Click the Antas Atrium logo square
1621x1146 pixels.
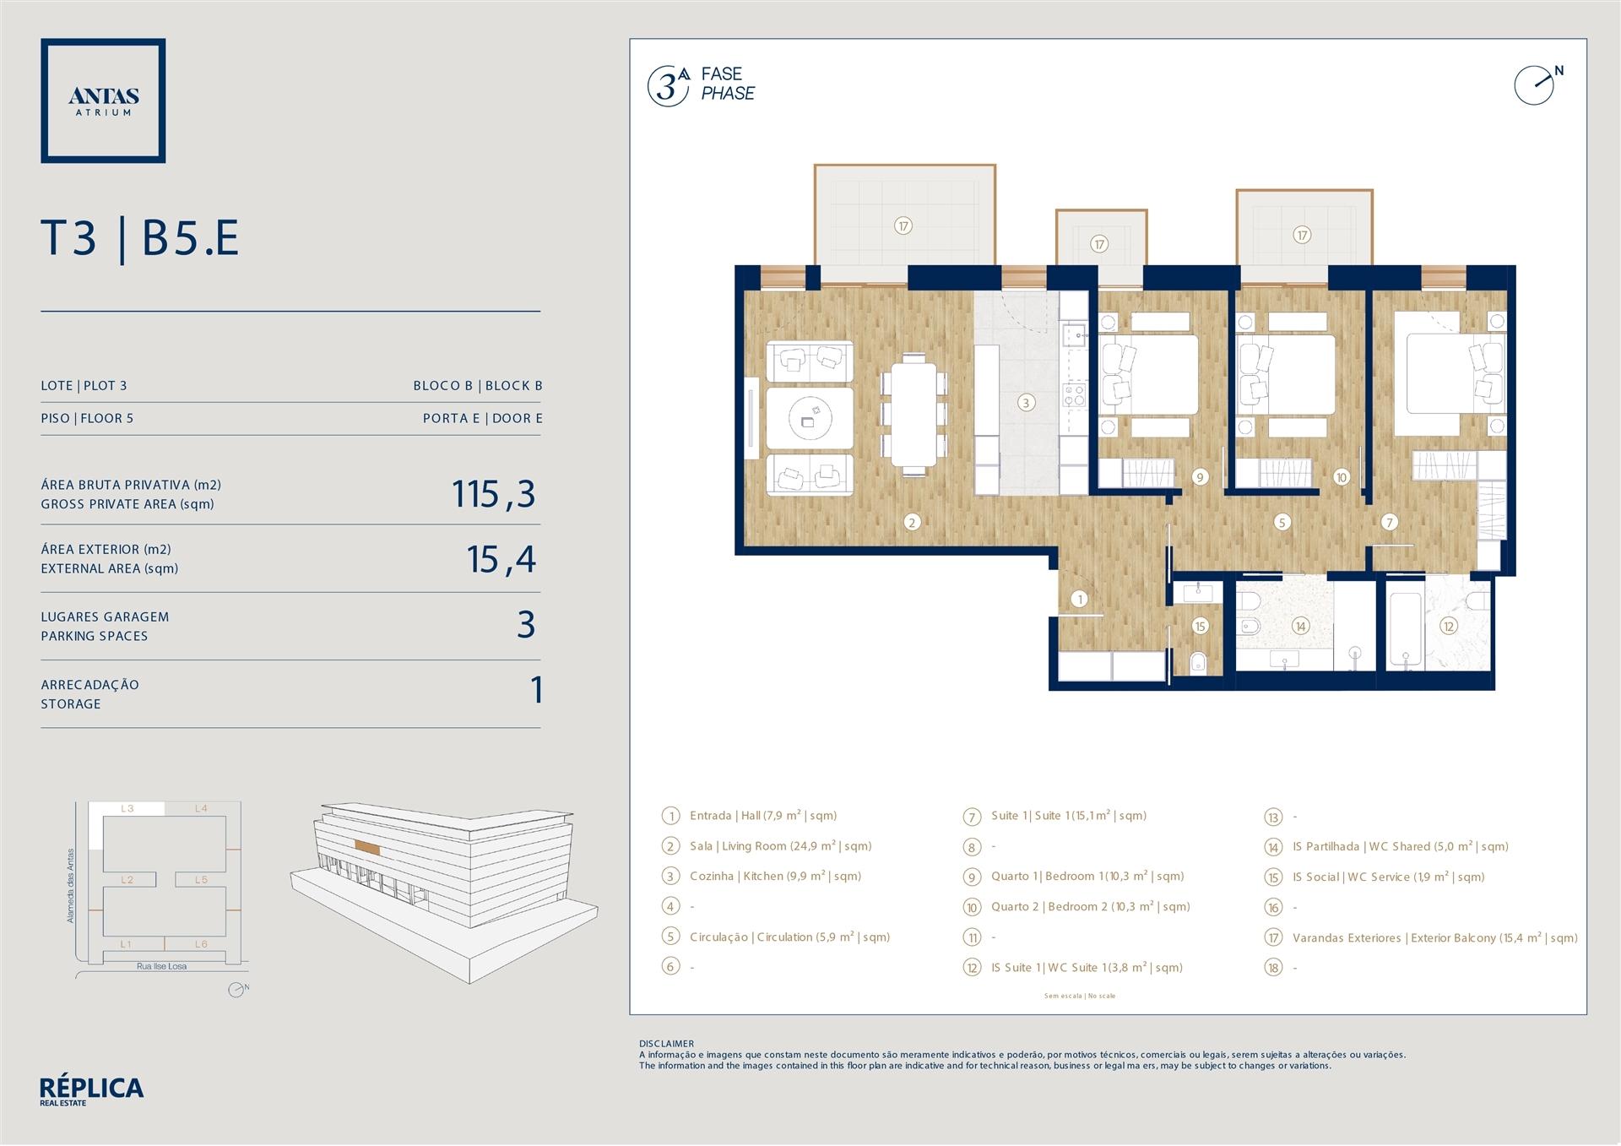pos(103,41)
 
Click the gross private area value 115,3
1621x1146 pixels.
pos(494,495)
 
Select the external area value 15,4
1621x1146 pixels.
pos(501,559)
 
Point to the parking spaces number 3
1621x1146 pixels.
pos(526,625)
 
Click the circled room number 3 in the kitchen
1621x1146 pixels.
pos(1026,403)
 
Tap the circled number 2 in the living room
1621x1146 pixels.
pos(912,523)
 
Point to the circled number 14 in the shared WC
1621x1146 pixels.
pos(1300,627)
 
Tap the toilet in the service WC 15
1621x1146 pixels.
pos(1199,663)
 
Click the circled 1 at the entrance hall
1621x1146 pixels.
pos(1080,600)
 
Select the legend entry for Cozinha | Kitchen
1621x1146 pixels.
pos(775,877)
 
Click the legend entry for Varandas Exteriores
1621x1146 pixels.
pos(1434,938)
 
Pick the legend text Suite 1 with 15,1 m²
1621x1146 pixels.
pos(1069,816)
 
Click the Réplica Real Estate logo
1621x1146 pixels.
pos(91,1090)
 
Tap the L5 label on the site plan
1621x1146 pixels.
pos(201,880)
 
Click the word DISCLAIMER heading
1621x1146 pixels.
pos(666,1044)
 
